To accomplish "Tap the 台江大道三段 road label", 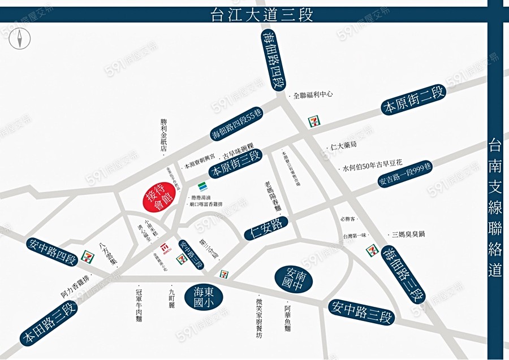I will coord(261,14).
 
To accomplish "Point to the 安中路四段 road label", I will coord(51,252).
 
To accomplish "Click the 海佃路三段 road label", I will coord(403,274).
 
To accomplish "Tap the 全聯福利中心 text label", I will coord(313,96).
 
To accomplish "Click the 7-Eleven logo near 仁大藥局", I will coord(313,122).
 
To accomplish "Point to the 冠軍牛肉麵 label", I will coord(139,306).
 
